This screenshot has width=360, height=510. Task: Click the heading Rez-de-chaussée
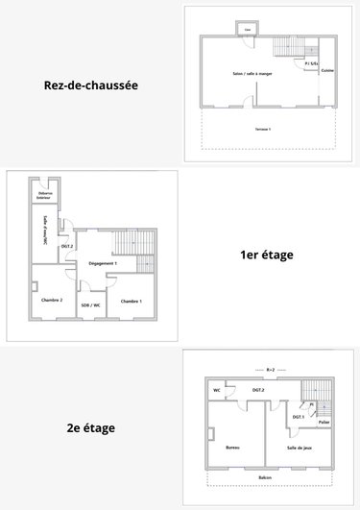coord(91,85)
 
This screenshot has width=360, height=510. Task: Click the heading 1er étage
coord(267,255)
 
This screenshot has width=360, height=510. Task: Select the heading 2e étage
coord(92,427)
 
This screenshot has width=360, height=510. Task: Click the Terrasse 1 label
coord(263,128)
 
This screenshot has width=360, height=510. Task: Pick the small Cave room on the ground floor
coord(248,30)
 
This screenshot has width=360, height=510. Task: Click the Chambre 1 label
coord(131,302)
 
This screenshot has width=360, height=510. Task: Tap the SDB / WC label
coord(91,305)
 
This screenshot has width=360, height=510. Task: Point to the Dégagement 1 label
coord(103,263)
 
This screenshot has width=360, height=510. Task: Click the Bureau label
coord(232,448)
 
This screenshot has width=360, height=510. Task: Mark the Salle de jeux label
coord(300,448)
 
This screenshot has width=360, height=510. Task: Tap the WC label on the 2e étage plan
coord(217,391)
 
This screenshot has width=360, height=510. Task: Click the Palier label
coord(324,422)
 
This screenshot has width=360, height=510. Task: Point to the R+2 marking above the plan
coord(270,369)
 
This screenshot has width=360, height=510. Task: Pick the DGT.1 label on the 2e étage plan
coord(298,416)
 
